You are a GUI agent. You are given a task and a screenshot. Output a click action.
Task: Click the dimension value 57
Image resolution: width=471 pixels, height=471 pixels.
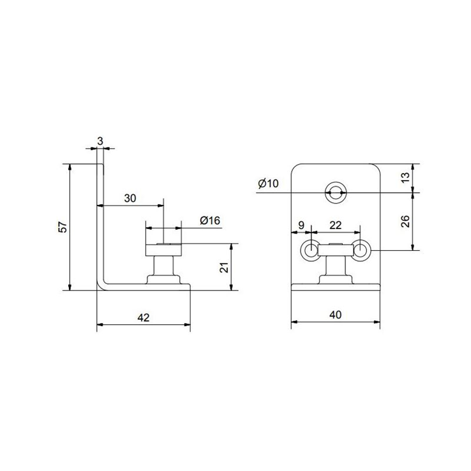61,228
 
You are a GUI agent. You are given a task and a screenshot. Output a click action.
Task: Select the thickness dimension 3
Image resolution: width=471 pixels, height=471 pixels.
101,140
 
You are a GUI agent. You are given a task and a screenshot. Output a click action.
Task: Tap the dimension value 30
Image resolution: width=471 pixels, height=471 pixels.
130,198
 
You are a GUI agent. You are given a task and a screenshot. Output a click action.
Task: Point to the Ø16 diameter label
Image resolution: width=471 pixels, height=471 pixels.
209,220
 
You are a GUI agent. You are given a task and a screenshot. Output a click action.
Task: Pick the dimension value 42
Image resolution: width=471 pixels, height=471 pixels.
144,318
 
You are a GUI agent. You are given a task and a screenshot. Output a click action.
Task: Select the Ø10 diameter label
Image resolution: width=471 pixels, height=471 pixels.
268,184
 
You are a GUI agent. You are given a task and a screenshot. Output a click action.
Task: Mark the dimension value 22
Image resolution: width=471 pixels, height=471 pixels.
335,225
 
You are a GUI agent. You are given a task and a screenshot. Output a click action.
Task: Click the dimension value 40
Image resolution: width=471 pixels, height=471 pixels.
336,315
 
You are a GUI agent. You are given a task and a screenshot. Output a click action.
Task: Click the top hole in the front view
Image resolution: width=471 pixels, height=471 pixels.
336,191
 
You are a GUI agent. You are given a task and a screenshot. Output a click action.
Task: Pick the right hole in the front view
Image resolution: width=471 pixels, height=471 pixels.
361,250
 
